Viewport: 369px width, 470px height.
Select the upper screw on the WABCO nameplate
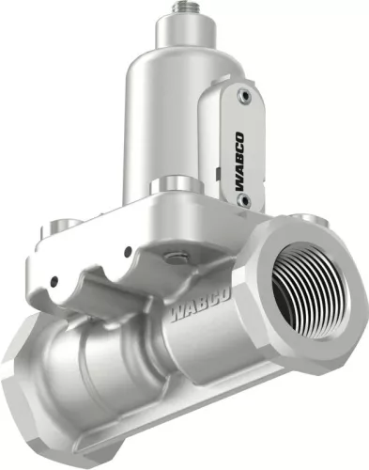(x=245, y=95)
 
